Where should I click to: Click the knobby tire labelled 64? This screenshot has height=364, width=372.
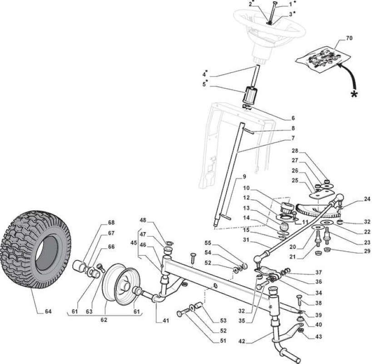click(35, 249)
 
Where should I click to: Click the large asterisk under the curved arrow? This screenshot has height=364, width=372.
click(354, 94)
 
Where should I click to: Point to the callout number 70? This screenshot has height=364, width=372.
click(349, 38)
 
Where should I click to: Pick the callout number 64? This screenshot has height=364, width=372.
click(48, 311)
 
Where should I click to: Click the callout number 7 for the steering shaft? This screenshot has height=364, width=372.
click(293, 138)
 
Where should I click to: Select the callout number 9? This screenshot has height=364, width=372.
click(244, 177)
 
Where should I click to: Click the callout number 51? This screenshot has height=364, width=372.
click(223, 341)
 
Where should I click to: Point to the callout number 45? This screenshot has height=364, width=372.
click(134, 243)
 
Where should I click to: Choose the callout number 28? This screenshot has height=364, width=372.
click(295, 151)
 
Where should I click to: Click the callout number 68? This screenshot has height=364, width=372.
click(111, 222)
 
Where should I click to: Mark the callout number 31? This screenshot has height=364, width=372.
click(246, 240)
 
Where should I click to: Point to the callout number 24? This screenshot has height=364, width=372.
click(367, 199)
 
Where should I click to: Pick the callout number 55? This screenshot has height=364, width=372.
click(208, 243)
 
